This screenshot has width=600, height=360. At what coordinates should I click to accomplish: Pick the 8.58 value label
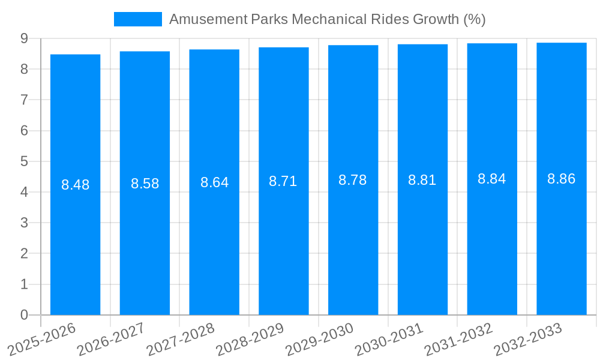(145, 184)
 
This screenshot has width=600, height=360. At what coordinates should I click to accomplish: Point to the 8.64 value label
(214, 182)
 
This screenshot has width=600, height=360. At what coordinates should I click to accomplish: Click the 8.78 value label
(353, 180)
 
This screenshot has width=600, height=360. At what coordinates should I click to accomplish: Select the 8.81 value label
(422, 180)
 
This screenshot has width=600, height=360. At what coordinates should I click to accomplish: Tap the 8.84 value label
(492, 179)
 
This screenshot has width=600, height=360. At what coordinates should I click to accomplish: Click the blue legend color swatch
(137, 19)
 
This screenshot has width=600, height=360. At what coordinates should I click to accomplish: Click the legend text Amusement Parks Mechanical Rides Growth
(327, 19)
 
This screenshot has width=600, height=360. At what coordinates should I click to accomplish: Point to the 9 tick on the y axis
(24, 38)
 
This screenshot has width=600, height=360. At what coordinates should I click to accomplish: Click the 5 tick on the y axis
(24, 161)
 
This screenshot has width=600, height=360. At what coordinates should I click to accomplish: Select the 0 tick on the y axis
(24, 315)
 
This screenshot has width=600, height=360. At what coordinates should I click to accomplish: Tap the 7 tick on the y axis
(24, 100)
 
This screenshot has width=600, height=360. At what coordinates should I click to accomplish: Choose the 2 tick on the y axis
(24, 254)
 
